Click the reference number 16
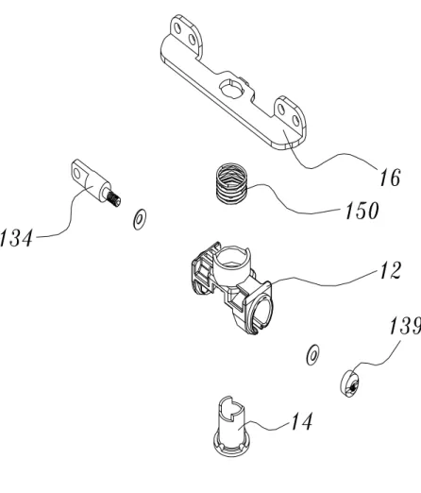[x=390, y=178]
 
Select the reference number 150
[x=362, y=211]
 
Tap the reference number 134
[x=16, y=238]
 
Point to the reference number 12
[x=390, y=270]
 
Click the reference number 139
[x=405, y=326]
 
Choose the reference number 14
[x=301, y=421]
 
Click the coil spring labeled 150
[x=231, y=184]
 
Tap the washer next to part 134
[x=140, y=219]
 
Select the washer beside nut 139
[x=312, y=355]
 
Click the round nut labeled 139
[x=349, y=383]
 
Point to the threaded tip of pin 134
[x=114, y=199]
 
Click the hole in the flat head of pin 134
[x=76, y=174]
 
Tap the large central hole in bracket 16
[x=232, y=89]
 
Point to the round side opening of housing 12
[x=261, y=311]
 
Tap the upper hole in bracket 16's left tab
[x=177, y=28]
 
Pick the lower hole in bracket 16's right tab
[x=295, y=121]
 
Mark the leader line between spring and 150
[x=293, y=205]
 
